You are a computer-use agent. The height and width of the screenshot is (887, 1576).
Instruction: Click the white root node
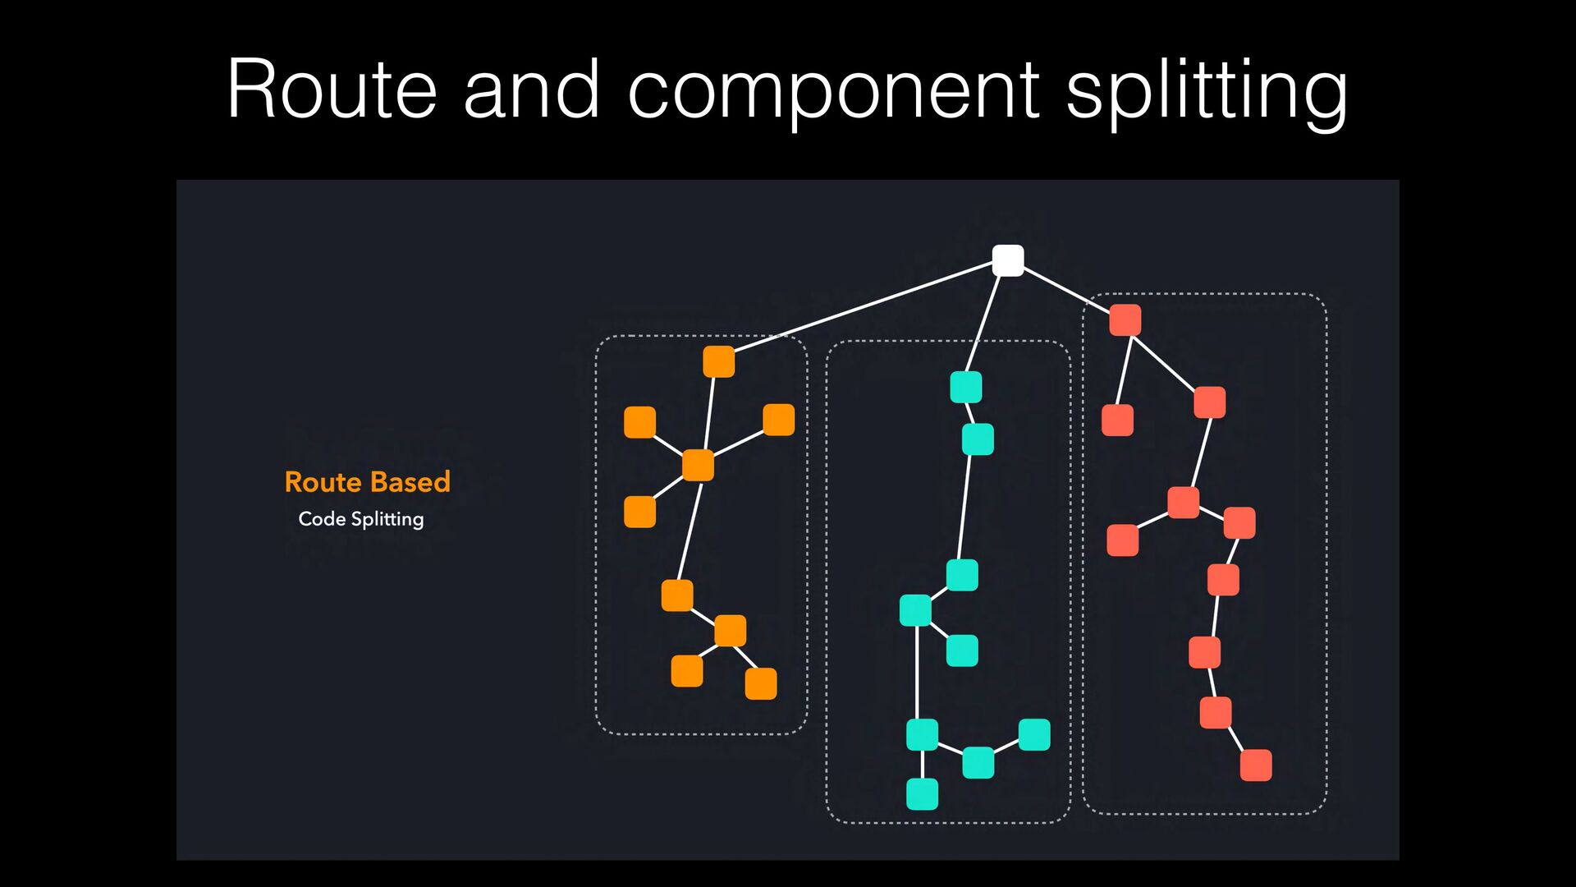point(1008,260)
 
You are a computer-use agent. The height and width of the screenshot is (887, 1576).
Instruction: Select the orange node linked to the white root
point(719,361)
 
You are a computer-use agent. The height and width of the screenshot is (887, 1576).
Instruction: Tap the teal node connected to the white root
point(966,387)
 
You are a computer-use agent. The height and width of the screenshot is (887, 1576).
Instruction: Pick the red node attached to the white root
point(1125,319)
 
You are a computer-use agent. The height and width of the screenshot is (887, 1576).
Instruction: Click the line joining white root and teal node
point(983,324)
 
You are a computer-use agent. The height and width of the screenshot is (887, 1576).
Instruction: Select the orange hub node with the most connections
point(698,465)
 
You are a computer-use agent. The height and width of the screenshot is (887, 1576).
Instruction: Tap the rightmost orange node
point(779,420)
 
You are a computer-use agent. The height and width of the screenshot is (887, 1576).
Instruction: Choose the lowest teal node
point(922,794)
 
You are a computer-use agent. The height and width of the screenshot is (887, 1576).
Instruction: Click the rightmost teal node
point(1034,735)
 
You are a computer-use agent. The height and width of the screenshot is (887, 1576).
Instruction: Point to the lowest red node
point(1256,765)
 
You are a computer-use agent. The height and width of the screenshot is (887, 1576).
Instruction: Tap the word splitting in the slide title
point(1207,92)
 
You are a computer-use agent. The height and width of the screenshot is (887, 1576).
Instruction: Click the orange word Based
point(410,482)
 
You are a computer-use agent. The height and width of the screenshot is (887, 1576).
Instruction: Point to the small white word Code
point(322,519)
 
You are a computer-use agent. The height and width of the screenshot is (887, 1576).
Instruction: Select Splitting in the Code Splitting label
point(387,520)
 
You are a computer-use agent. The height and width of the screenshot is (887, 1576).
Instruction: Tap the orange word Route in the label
point(323,482)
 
